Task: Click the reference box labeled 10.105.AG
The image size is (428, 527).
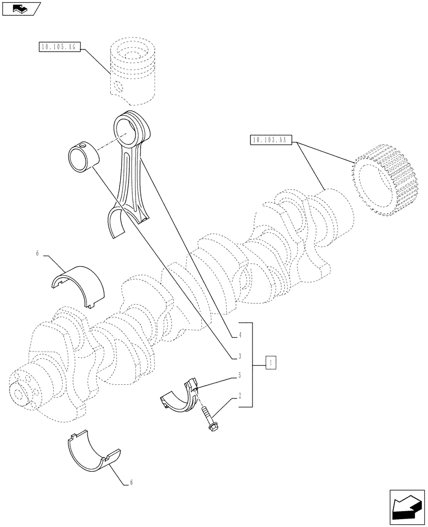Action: (59, 47)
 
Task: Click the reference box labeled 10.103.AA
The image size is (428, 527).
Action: (269, 140)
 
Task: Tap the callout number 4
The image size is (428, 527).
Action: (239, 335)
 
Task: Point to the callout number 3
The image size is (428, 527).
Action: (239, 356)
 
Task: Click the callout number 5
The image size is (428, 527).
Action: (239, 376)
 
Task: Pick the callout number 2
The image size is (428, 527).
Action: (239, 395)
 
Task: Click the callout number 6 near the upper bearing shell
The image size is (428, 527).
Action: (37, 253)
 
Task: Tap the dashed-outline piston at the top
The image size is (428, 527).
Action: (133, 71)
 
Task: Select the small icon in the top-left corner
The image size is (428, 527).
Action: (21, 8)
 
